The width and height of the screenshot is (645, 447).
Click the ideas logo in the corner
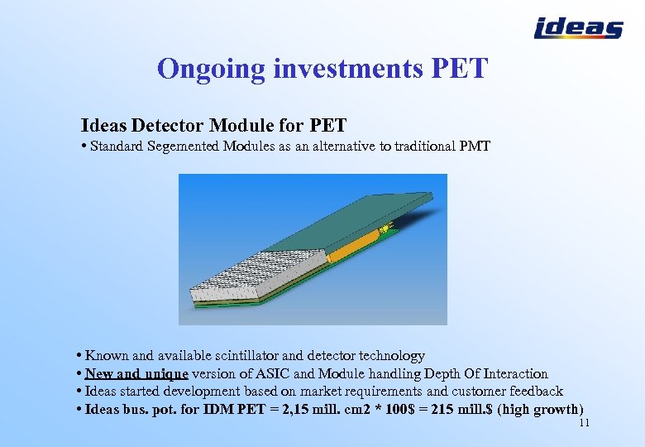pos(578,28)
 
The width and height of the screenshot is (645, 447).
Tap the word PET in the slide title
pos(460,69)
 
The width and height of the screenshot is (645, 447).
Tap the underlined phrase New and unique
pos(136,374)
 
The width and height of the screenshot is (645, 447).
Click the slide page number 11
pos(584,423)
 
